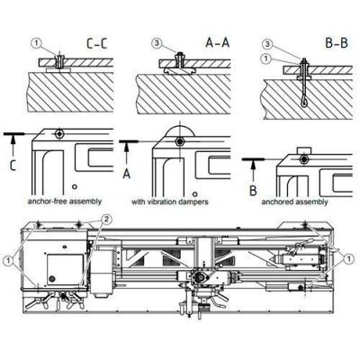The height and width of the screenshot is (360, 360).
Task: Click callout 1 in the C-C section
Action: click(35, 40)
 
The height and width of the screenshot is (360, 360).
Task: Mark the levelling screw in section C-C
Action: click(57, 60)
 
